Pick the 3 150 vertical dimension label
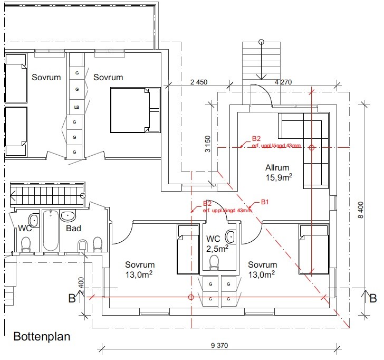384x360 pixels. pyautogui.click(x=207, y=144)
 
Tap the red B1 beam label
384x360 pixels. pyautogui.click(x=265, y=202)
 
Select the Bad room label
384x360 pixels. pyautogui.click(x=73, y=229)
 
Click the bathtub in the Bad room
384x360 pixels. pyautogui.click(x=51, y=231)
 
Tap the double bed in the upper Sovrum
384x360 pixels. pyautogui.click(x=135, y=110)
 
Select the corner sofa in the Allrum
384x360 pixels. pyautogui.click(x=306, y=143)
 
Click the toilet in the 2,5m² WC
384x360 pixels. pyautogui.click(x=214, y=262)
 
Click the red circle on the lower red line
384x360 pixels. pyautogui.click(x=191, y=297)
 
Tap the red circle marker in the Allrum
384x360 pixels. pyautogui.click(x=311, y=148)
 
